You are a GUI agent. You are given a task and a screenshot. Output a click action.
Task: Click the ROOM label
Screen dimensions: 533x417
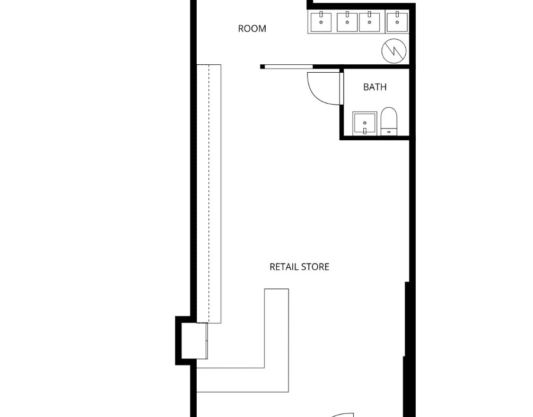click(x=252, y=29)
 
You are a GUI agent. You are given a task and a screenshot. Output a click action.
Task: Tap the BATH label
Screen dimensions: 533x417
click(x=375, y=87)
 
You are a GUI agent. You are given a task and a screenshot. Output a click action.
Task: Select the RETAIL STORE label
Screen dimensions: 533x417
click(x=299, y=267)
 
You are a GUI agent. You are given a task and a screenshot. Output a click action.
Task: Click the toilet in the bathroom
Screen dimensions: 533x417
click(x=389, y=121)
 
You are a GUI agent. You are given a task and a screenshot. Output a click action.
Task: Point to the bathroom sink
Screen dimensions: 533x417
click(x=365, y=123)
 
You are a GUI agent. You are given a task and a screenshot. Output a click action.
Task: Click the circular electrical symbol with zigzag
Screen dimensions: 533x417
click(x=394, y=50)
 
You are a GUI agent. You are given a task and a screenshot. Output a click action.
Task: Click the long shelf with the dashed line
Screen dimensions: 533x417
click(x=209, y=193)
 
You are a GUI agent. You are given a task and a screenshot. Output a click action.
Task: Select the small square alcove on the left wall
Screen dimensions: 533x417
click(x=194, y=341)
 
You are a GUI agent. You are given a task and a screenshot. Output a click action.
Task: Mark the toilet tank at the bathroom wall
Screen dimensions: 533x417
click(x=389, y=131)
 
